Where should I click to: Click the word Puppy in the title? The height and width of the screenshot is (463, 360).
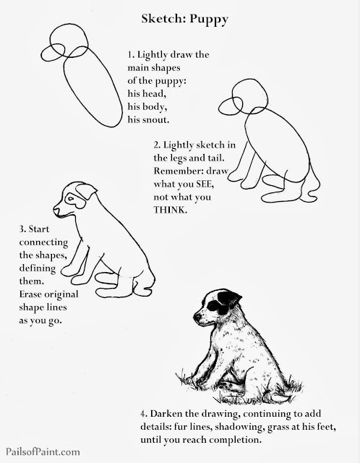(x=209, y=20)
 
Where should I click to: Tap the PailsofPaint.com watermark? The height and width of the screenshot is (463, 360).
(x=43, y=451)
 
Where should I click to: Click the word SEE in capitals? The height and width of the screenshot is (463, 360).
(x=204, y=184)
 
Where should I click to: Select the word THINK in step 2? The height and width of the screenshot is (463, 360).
(x=171, y=210)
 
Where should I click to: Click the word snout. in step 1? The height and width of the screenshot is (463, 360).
(x=156, y=119)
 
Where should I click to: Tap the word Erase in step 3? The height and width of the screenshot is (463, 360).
(x=30, y=294)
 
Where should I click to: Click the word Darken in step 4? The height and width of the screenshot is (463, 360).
(x=166, y=414)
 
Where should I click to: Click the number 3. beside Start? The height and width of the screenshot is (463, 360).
(x=22, y=229)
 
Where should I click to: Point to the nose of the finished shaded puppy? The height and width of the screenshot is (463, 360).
(x=197, y=317)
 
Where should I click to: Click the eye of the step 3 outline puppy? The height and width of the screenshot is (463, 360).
(x=71, y=198)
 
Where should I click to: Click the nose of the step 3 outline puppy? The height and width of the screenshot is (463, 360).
(x=56, y=210)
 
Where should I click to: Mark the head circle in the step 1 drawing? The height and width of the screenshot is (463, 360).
(x=69, y=41)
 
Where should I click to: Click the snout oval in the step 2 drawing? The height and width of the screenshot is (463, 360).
(x=231, y=106)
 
